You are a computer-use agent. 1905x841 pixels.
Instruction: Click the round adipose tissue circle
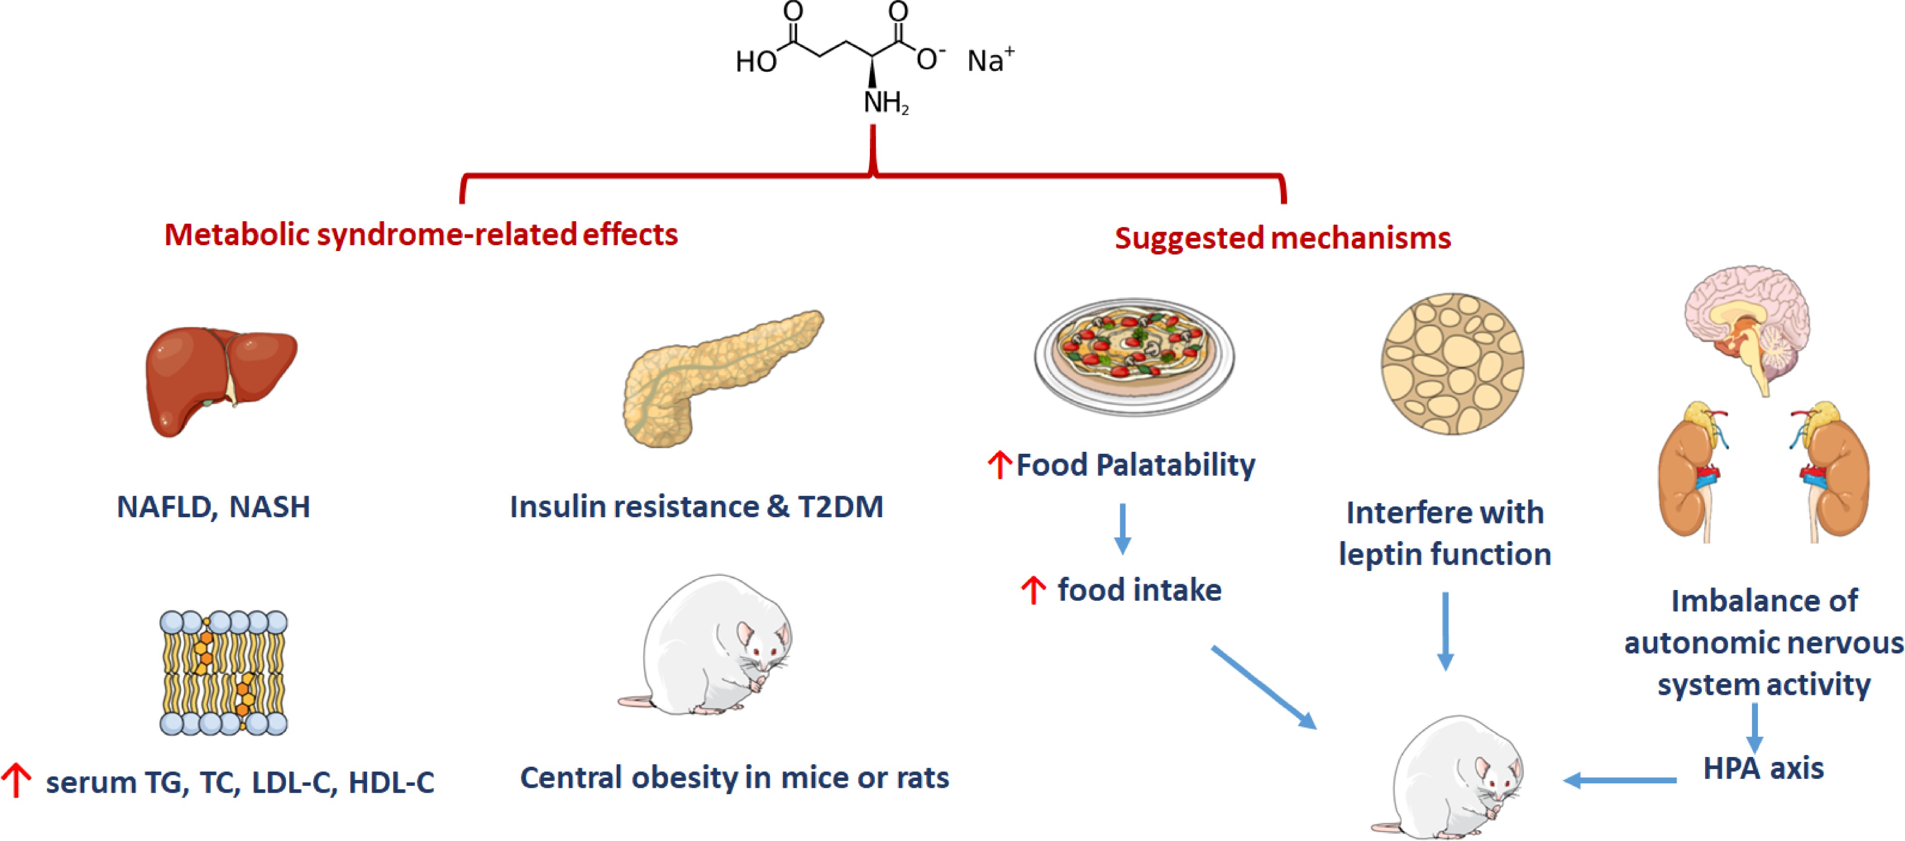pyautogui.click(x=1451, y=363)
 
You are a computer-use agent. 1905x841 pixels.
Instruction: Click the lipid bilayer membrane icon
pyautogui.click(x=223, y=673)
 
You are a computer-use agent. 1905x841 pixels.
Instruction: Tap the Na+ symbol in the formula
pyautogui.click(x=990, y=61)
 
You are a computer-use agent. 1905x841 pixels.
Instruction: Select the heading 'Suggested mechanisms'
pyautogui.click(x=1282, y=238)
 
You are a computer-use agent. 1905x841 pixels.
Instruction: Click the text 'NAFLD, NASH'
pyautogui.click(x=214, y=507)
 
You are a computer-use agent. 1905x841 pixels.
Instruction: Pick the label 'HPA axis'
pyautogui.click(x=1763, y=769)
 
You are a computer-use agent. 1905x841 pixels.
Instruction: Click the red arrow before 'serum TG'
pyautogui.click(x=16, y=780)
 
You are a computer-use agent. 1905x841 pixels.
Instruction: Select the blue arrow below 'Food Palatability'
pyautogui.click(x=1123, y=527)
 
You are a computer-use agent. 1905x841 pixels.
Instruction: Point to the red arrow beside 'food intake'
pyautogui.click(x=1033, y=590)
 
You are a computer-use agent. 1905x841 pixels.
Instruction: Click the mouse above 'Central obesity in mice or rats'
pyautogui.click(x=710, y=647)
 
